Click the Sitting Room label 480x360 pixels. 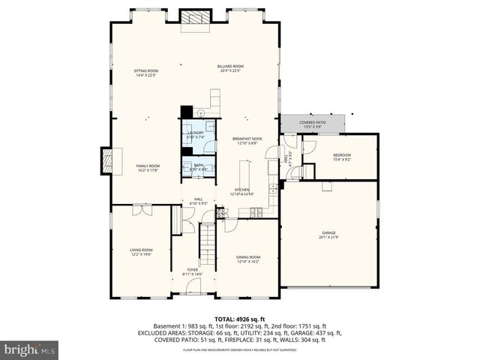tap(146, 72)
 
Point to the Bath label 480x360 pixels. tap(198, 166)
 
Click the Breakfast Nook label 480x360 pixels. tap(247, 140)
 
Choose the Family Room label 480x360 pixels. tap(148, 167)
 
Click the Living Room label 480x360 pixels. tap(142, 252)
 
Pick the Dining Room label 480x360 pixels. tap(248, 259)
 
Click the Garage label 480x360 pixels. tap(329, 235)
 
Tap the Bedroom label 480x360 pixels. tap(341, 157)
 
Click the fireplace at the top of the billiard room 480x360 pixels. tap(194, 18)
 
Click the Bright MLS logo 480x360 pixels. tap(30, 349)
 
